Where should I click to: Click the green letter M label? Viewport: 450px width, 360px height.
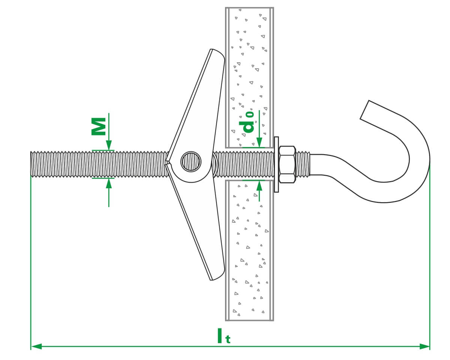pyautogui.click(x=98, y=126)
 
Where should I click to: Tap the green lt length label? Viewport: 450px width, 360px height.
pyautogui.click(x=223, y=336)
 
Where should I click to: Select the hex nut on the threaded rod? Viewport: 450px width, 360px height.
pyautogui.click(x=287, y=164)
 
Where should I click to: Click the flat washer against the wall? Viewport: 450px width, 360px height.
pyautogui.click(x=276, y=164)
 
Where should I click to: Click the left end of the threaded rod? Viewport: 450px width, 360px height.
pyautogui.click(x=32, y=164)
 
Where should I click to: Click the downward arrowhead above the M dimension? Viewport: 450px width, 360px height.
pyautogui.click(x=109, y=146)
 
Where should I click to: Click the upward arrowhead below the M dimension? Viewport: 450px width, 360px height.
pyautogui.click(x=109, y=183)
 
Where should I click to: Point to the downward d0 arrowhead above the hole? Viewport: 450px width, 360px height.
pyautogui.click(x=259, y=143)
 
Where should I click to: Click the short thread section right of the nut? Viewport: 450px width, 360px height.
pyautogui.click(x=303, y=164)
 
